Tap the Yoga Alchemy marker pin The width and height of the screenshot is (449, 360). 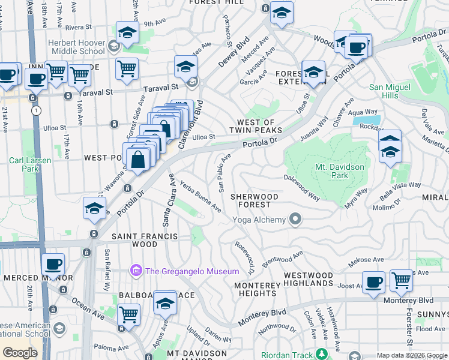pyautogui.click(x=295, y=220)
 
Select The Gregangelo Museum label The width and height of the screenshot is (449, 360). pyautogui.click(x=191, y=271)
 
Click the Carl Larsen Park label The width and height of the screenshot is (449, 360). pyautogui.click(x=25, y=164)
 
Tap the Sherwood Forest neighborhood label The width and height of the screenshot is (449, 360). pyautogui.click(x=255, y=200)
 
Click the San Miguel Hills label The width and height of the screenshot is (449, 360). pyautogui.click(x=391, y=92)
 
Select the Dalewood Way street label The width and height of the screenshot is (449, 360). pyautogui.click(x=302, y=187)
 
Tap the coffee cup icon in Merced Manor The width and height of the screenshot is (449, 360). pyautogui.click(x=53, y=264)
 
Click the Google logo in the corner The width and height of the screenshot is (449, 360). pyautogui.click(x=20, y=353)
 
